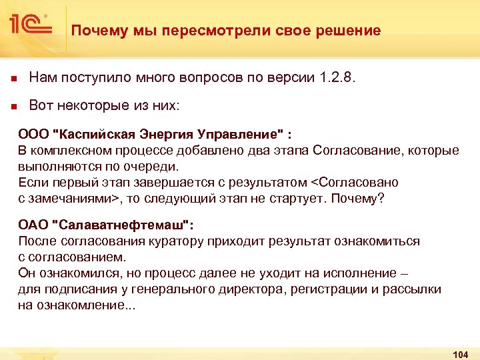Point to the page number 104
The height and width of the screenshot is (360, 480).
(460, 354)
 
